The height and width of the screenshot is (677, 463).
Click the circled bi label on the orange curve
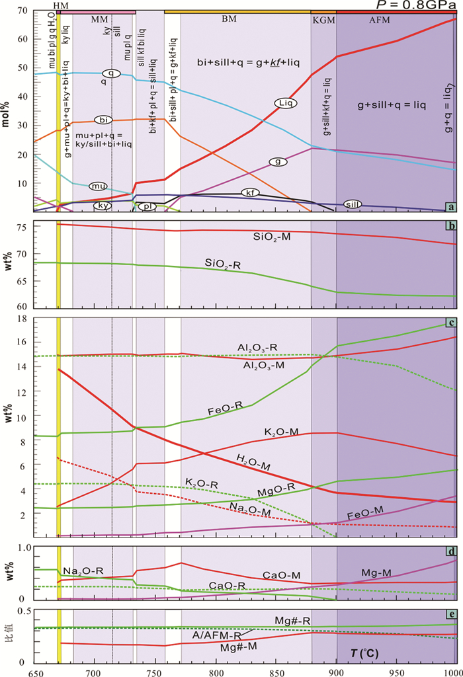pyautogui.click(x=103, y=120)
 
